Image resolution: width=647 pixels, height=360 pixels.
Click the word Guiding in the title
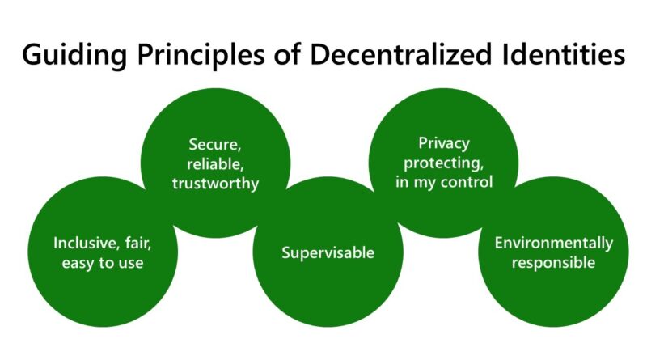click(x=74, y=55)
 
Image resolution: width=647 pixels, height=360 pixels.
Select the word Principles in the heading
click(x=201, y=55)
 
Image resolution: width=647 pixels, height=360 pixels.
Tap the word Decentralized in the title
click(x=400, y=54)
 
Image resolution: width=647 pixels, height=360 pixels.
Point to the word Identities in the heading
click(x=564, y=54)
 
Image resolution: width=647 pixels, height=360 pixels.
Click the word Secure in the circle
click(x=214, y=145)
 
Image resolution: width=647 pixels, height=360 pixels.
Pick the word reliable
click(x=215, y=164)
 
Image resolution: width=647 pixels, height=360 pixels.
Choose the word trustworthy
click(x=215, y=184)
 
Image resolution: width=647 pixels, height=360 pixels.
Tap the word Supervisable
click(x=328, y=252)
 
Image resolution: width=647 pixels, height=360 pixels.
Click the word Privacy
click(x=444, y=144)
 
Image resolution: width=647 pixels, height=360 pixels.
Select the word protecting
click(x=443, y=163)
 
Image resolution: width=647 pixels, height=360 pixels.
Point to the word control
click(x=467, y=182)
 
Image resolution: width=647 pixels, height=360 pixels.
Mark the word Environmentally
click(x=554, y=244)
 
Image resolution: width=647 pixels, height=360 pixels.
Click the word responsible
click(x=554, y=263)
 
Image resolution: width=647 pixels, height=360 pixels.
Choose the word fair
click(x=138, y=243)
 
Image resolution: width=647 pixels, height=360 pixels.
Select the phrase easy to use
click(x=103, y=263)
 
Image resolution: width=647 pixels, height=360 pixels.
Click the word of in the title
click(x=287, y=54)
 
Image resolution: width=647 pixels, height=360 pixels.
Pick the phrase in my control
click(x=444, y=183)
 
